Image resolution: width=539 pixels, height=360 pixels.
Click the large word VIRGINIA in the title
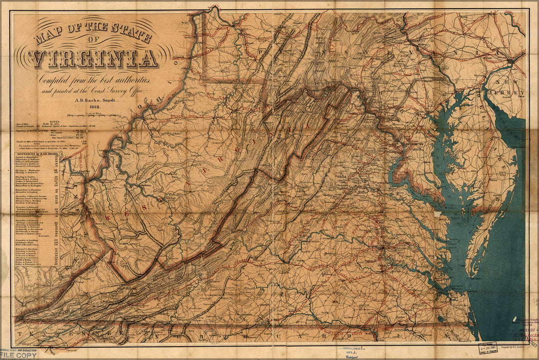click(94, 58)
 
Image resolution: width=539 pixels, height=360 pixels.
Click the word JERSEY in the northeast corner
click(512, 93)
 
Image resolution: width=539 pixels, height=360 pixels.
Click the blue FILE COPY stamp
click(18, 355)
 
